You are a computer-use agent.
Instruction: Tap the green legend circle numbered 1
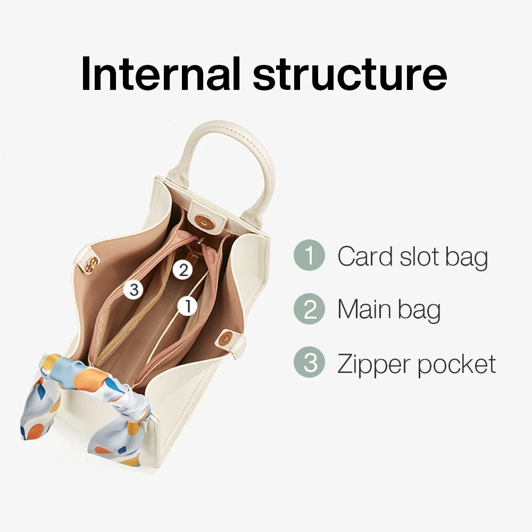309,256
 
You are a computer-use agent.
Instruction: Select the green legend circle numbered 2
309,309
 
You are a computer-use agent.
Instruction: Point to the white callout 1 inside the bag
187,305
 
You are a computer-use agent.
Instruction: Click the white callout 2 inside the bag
182,270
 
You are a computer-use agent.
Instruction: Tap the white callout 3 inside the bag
134,290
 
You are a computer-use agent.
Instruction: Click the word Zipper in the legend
374,364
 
